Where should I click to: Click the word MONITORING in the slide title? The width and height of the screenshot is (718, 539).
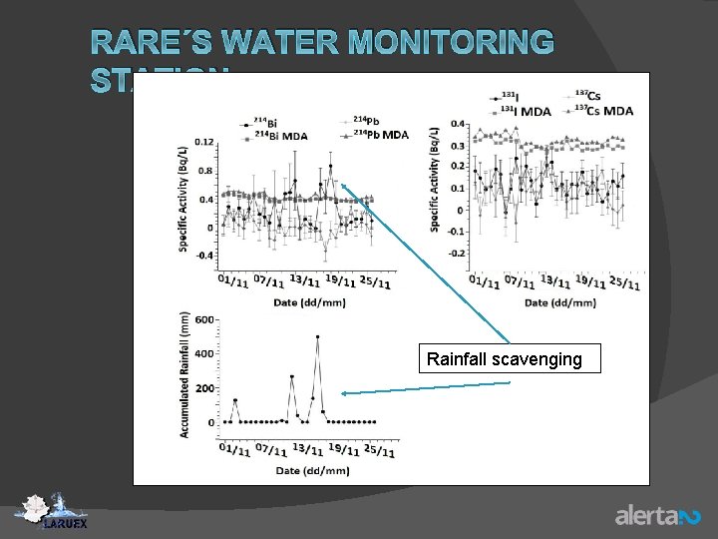click(447, 42)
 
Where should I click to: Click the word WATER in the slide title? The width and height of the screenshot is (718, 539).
click(282, 42)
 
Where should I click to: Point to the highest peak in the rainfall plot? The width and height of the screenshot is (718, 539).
click(317, 337)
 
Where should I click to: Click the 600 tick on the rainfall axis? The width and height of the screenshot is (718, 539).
click(204, 319)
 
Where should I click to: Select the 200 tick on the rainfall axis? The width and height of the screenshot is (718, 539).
click(204, 388)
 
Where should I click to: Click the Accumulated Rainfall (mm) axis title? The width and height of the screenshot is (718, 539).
click(185, 373)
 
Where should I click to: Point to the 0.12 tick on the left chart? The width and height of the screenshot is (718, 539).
click(204, 142)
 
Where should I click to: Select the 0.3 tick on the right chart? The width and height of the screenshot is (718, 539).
click(456, 146)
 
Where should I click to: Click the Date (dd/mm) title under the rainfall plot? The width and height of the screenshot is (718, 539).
click(311, 470)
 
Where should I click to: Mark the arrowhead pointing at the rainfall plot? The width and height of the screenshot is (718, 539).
click(344, 393)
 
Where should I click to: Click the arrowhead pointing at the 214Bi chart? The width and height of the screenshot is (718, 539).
click(344, 186)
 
